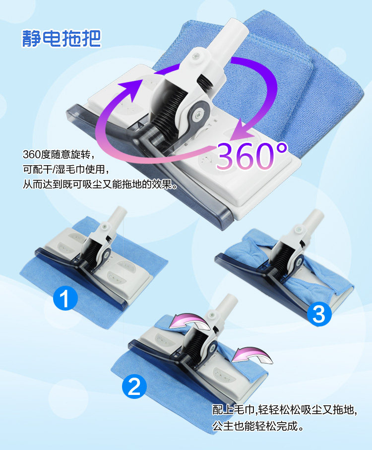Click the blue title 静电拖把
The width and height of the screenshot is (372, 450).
(62, 38)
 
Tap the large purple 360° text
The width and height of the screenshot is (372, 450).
(251, 156)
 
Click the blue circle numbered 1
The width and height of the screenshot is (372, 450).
(65, 299)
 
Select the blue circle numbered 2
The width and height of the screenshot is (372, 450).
(134, 386)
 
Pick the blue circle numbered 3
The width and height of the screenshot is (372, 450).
(319, 314)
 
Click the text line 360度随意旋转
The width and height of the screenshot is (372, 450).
(59, 154)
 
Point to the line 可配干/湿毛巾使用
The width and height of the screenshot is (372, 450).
(66, 169)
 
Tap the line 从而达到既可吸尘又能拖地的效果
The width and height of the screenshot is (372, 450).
(100, 184)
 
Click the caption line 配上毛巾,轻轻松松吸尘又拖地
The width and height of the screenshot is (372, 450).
(285, 410)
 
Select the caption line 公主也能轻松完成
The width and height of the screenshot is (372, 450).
(258, 426)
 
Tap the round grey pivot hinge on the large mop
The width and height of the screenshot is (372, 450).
(199, 115)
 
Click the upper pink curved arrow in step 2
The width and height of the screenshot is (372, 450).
(189, 321)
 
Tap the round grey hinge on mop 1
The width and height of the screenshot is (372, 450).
(107, 254)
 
